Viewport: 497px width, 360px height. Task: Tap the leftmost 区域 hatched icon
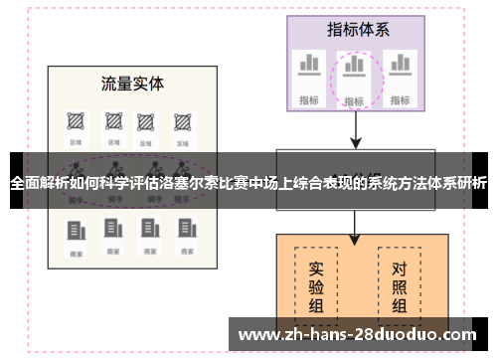tap(74, 121)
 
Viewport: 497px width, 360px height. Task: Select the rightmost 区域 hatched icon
tap(182, 121)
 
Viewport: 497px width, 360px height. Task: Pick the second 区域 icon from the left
tap(110, 121)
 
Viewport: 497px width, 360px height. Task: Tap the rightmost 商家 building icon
tap(182, 230)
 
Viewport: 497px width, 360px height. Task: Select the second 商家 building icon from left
tap(111, 230)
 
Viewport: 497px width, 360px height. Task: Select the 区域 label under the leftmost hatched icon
tap(74, 142)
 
